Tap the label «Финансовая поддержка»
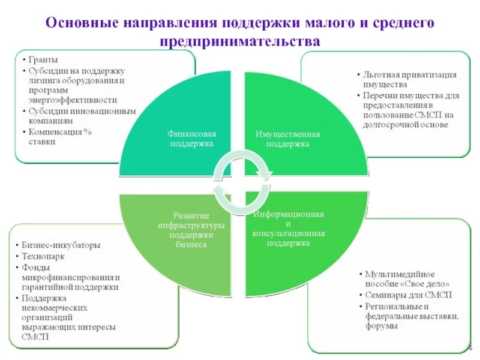pos(191,139)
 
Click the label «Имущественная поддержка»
pos(288,139)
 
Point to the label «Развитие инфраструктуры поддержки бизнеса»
pos(191,230)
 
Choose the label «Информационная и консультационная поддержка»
pos(289,229)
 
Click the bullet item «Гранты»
pos(43,61)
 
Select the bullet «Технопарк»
pos(44,256)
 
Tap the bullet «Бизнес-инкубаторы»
pos(61,245)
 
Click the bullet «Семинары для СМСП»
pos(409,295)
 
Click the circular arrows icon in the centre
pos(243,182)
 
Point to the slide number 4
pos(470,349)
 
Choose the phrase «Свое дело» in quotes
pos(424,284)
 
